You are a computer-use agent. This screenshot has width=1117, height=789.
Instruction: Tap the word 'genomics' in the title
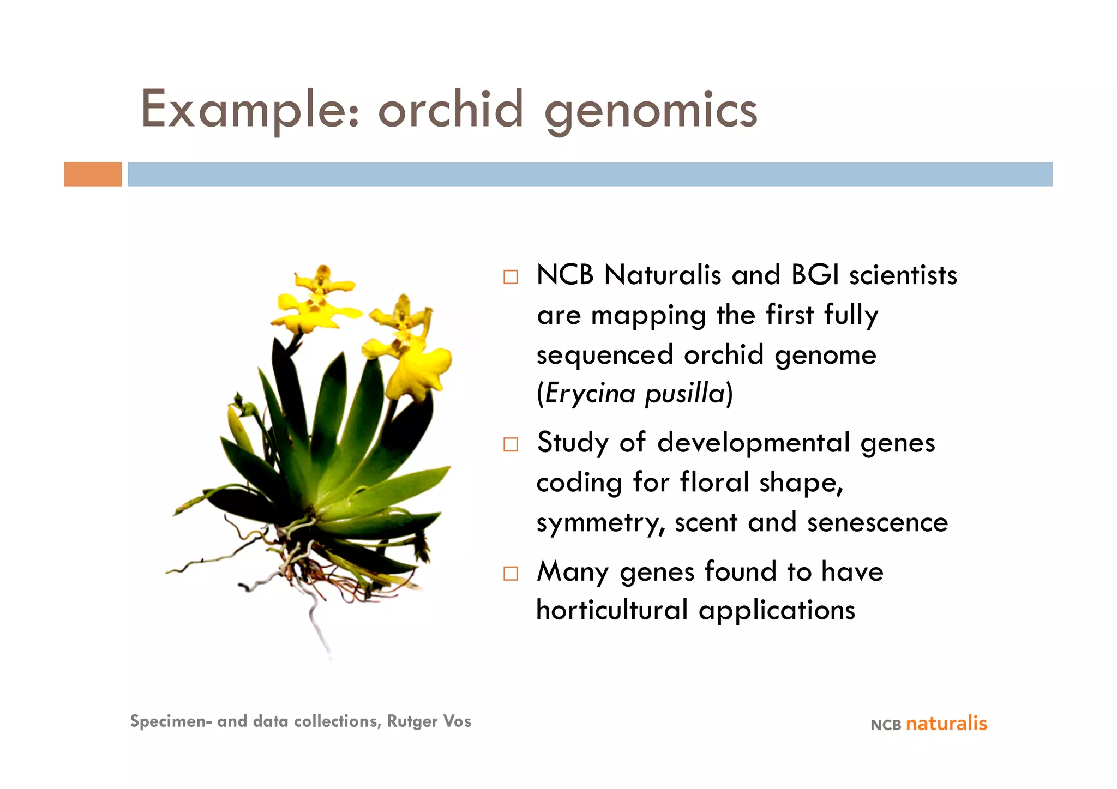tap(651, 112)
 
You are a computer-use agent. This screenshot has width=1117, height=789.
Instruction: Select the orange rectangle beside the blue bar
tap(93, 174)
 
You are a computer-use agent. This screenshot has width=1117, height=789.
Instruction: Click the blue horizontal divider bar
tap(589, 174)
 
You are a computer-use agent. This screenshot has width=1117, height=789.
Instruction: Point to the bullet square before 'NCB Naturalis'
tap(511, 277)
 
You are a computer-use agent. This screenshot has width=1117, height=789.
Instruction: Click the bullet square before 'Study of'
tap(511, 444)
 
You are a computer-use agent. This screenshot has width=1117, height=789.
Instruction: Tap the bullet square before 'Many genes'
tap(511, 574)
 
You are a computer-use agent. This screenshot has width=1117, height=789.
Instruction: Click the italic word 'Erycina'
tap(590, 393)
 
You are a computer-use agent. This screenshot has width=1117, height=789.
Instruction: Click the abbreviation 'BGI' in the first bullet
tap(815, 275)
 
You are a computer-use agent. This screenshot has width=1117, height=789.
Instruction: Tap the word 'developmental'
tap(753, 442)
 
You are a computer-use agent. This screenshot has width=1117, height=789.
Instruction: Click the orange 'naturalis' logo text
tap(946, 724)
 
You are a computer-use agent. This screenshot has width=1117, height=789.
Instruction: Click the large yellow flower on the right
tap(420, 371)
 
